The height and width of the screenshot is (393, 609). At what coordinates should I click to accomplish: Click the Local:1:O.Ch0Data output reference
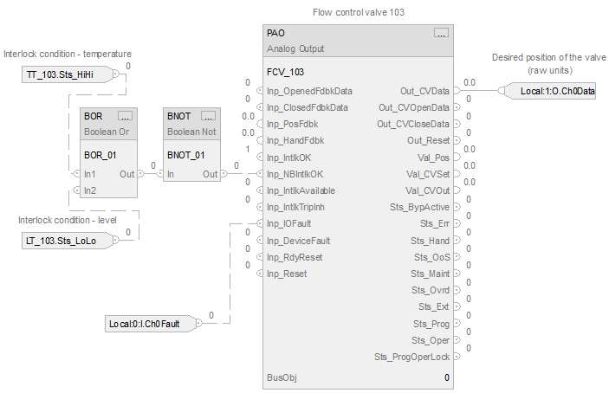tap(557, 91)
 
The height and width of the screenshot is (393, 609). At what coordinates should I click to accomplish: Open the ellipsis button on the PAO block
tap(441, 33)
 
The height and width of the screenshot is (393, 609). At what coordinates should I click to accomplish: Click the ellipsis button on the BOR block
tap(124, 116)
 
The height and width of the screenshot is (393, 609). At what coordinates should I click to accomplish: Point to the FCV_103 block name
tap(285, 72)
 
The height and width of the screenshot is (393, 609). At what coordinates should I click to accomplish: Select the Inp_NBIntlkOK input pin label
tap(301, 174)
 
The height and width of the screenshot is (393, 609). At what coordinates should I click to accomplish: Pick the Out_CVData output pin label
tap(425, 91)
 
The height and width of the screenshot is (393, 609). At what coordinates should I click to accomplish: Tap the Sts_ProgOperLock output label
tap(411, 357)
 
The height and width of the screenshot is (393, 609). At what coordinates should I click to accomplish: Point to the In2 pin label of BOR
tap(90, 190)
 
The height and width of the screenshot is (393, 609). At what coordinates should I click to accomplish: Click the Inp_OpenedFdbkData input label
tap(310, 91)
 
